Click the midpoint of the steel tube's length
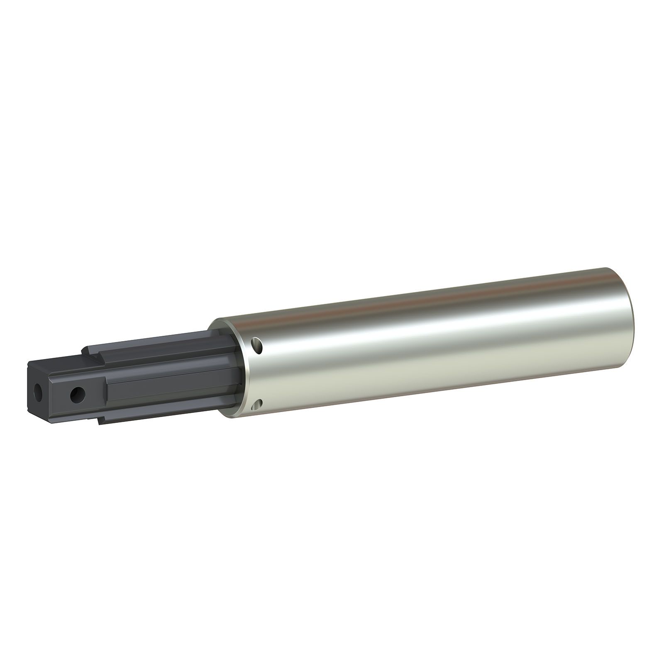tap(427, 340)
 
